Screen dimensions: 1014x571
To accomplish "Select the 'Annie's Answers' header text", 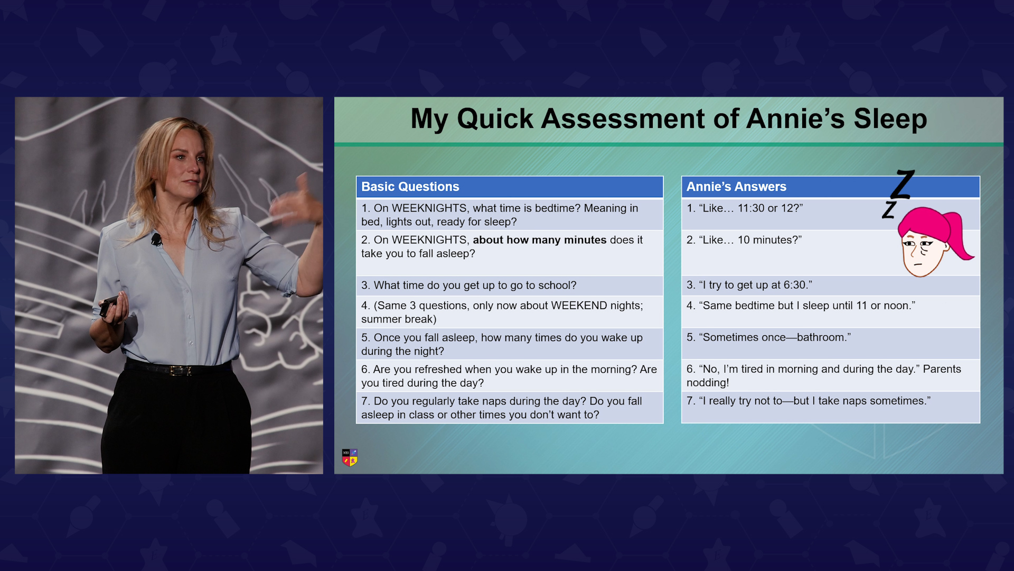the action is (x=736, y=187).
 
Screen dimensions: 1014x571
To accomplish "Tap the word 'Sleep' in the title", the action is (x=890, y=118).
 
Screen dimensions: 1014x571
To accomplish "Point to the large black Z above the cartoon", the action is (x=903, y=184).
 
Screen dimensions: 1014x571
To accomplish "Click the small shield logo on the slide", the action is (x=350, y=457).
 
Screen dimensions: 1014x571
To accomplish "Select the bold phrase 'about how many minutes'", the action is (x=539, y=240).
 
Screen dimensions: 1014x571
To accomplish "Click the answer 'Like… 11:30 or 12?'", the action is (x=745, y=208).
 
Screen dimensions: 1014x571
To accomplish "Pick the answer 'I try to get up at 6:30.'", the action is (x=749, y=285).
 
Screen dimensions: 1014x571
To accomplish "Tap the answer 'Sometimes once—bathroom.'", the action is (x=768, y=337).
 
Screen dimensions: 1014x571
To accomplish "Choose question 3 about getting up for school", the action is (x=469, y=285).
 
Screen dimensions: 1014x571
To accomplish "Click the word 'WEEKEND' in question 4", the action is (x=579, y=306).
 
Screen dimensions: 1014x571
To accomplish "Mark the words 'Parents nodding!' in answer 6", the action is (x=824, y=376).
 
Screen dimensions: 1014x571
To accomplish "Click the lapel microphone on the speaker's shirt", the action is (x=156, y=240).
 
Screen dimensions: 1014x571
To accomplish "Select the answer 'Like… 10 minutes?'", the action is (x=744, y=240).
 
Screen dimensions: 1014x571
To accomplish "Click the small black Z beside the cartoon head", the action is (x=889, y=209).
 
